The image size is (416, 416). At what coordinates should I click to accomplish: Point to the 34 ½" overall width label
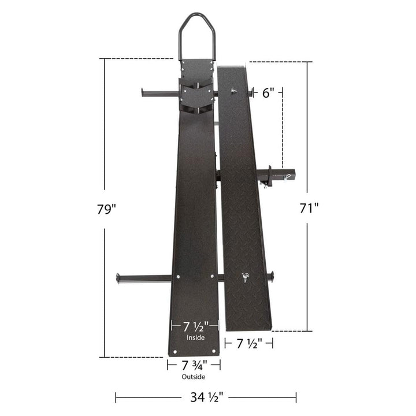point(206,397)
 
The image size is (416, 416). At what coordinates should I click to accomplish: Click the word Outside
point(194,377)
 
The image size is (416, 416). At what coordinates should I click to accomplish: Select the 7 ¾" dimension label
point(194,365)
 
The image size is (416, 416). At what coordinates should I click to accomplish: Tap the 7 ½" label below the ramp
point(248,343)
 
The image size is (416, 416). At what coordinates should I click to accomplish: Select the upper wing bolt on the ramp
point(233,91)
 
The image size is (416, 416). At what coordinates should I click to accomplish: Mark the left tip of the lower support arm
point(119,278)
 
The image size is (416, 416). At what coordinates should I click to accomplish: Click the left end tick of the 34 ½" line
point(116,397)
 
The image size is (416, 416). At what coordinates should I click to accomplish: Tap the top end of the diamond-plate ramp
point(233,69)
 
